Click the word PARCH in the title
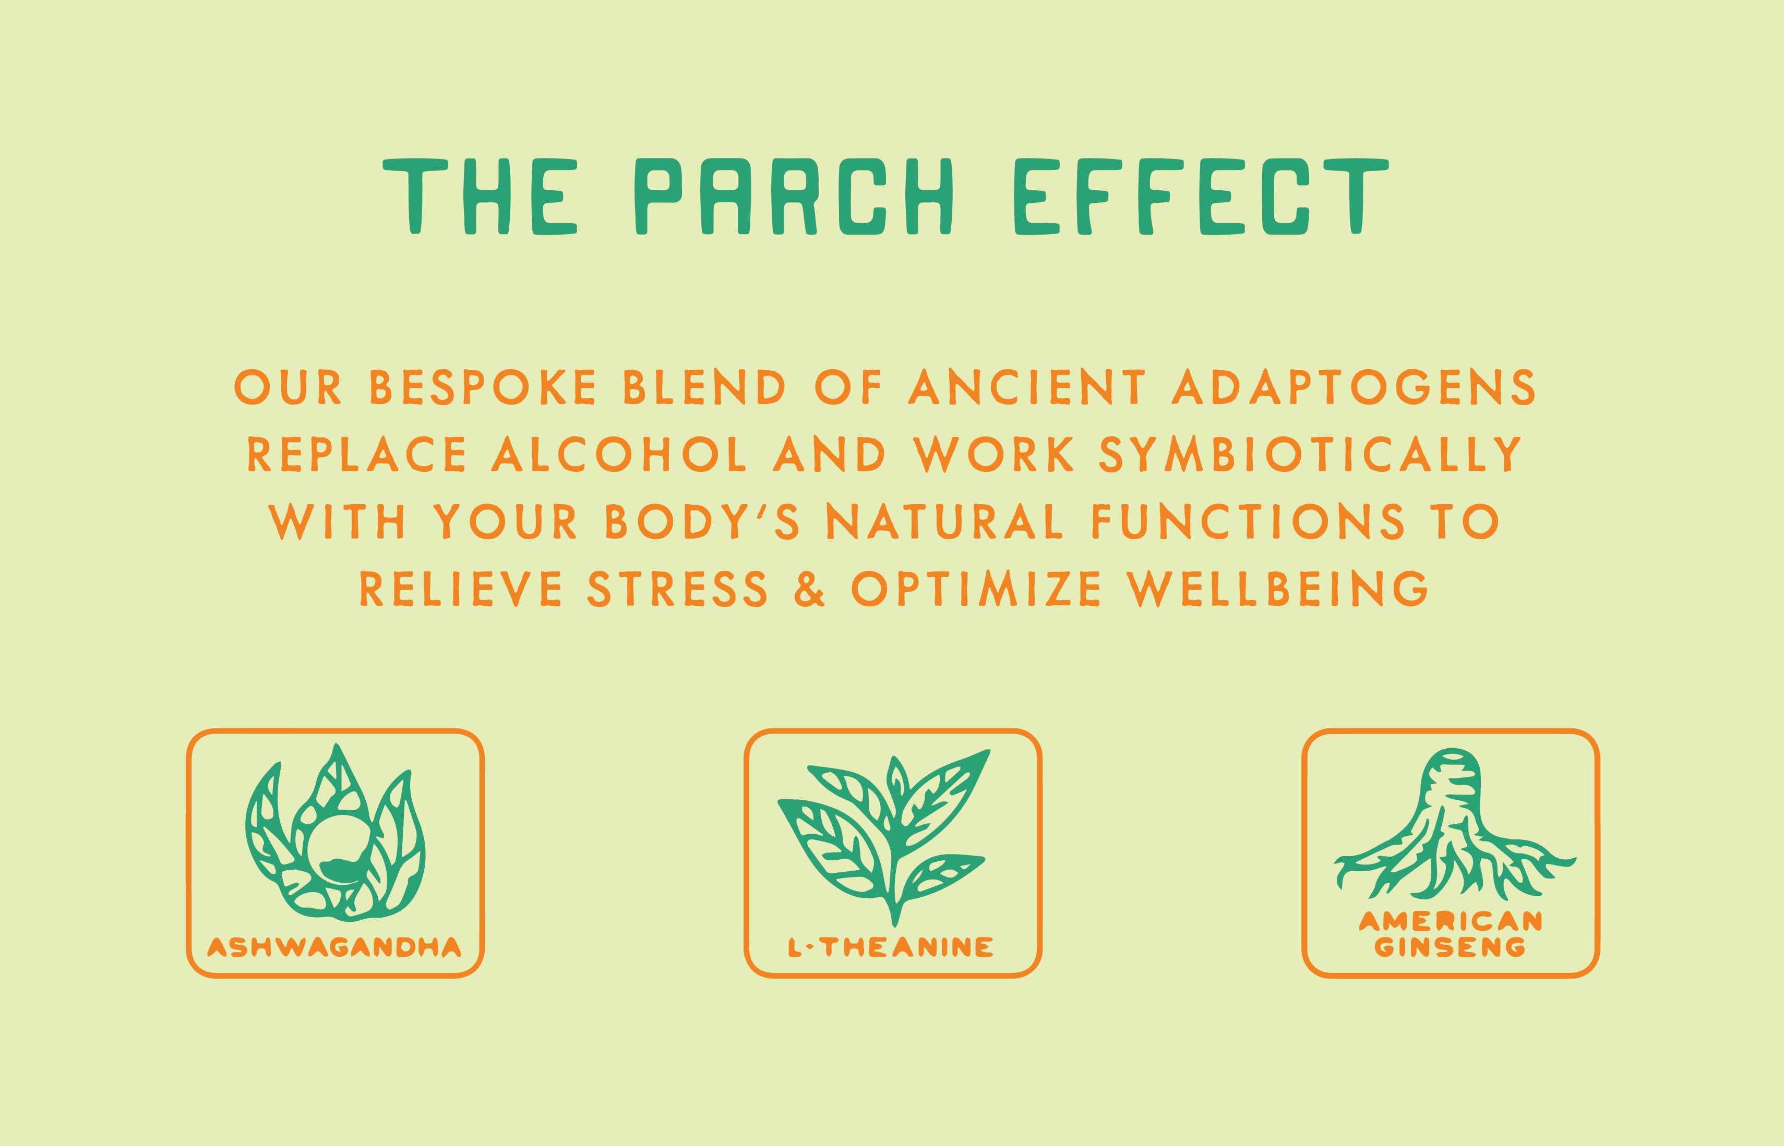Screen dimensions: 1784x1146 797,196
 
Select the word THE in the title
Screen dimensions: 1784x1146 480,196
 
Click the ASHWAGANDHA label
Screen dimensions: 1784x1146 334,947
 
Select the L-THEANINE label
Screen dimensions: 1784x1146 891,947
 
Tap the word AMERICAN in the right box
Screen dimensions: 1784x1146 1451,922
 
